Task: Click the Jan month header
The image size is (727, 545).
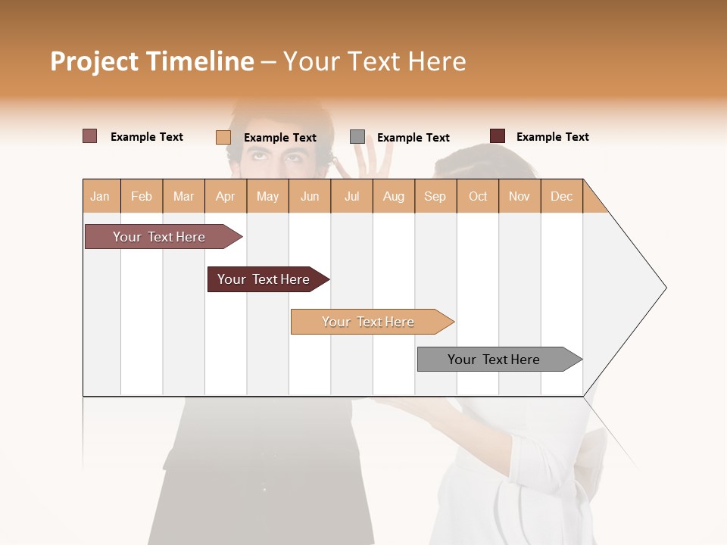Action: [100, 196]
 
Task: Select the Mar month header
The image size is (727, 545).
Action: [183, 196]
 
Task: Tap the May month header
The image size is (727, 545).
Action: [267, 196]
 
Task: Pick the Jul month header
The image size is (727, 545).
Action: [351, 196]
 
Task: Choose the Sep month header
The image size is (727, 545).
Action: [435, 196]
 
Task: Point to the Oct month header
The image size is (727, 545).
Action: [478, 196]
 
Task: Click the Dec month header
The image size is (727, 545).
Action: [561, 196]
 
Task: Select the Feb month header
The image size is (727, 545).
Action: [142, 196]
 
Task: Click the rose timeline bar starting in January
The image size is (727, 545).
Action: [159, 237]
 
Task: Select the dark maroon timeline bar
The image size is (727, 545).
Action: [264, 279]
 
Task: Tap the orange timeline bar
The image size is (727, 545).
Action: [368, 322]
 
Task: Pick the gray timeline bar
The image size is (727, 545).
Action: [494, 360]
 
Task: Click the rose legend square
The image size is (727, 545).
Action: [89, 136]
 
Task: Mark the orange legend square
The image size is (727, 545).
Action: [223, 137]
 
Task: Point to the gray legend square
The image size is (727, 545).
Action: [357, 137]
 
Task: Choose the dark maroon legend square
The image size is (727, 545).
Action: [497, 136]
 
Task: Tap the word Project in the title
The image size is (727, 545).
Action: [93, 61]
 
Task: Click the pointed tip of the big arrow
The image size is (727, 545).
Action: [664, 288]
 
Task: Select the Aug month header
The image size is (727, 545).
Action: [393, 196]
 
